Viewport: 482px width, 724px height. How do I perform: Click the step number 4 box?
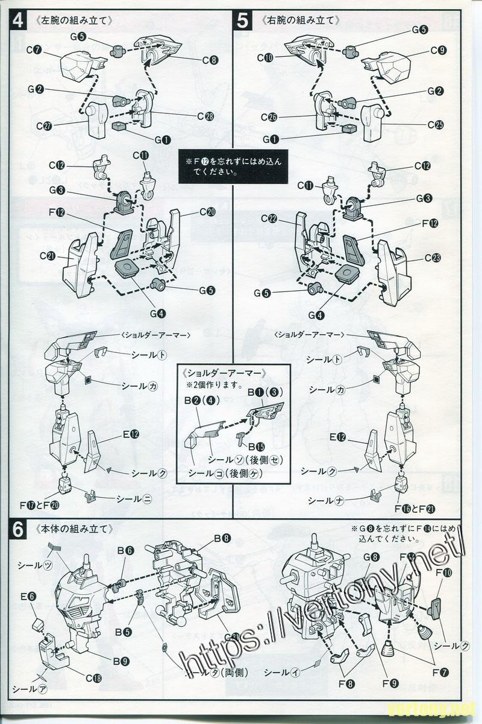[x=18, y=21]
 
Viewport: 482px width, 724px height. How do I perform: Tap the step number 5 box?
[x=242, y=21]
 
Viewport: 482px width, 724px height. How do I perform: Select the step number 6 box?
[x=18, y=530]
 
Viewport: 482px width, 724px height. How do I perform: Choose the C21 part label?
[x=48, y=256]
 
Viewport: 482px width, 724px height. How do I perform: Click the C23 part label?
[x=432, y=258]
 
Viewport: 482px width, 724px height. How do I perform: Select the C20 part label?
[x=207, y=212]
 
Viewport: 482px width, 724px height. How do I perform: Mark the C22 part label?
[x=269, y=218]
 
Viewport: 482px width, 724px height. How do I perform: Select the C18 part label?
[x=93, y=678]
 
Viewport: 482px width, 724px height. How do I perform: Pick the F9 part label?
[x=390, y=684]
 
